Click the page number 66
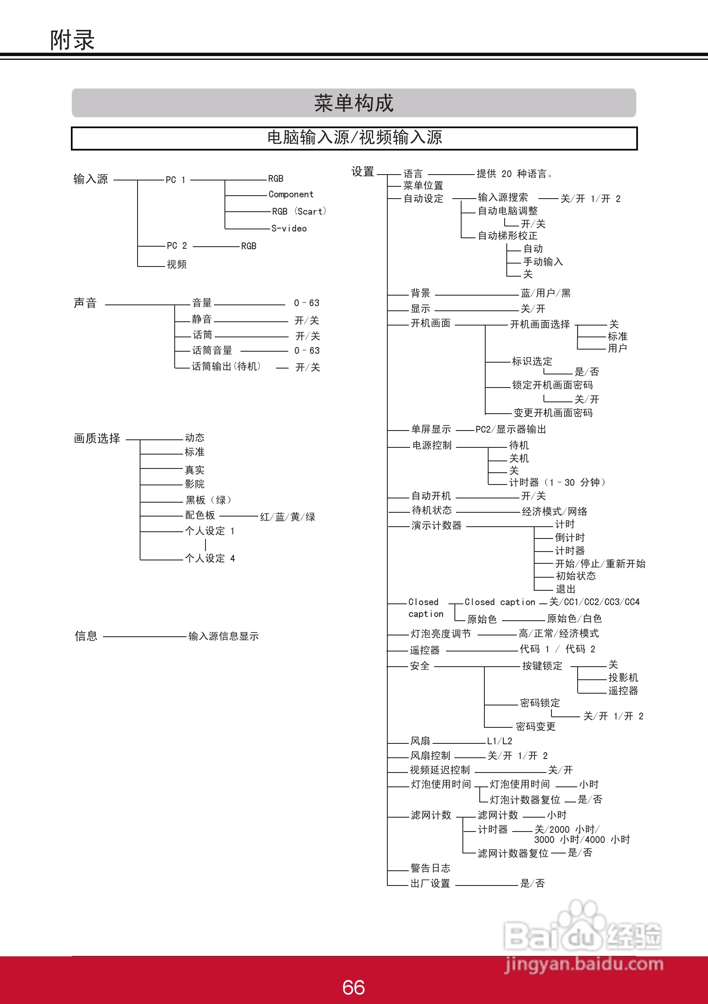[354, 988]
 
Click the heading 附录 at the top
[72, 40]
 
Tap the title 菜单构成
[354, 103]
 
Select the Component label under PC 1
[291, 194]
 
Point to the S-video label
[289, 229]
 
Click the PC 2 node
[177, 246]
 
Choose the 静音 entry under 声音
[202, 319]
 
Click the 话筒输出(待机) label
[226, 366]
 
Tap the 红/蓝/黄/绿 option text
[287, 517]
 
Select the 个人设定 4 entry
[210, 558]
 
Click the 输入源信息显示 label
[224, 636]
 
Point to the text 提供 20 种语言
[514, 174]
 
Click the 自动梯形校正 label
[508, 236]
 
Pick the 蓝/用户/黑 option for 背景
[546, 293]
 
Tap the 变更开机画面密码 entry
[553, 413]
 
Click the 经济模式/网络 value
[554, 511]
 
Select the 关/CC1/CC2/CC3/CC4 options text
[594, 602]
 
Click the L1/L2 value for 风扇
[499, 741]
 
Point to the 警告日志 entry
[430, 868]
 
